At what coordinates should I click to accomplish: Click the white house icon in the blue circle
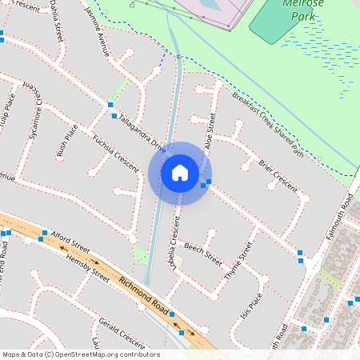coord(180,172)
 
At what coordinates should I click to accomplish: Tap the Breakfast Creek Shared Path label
coord(267,123)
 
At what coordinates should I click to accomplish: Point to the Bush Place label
coord(66,138)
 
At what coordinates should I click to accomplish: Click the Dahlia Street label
coord(55,20)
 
